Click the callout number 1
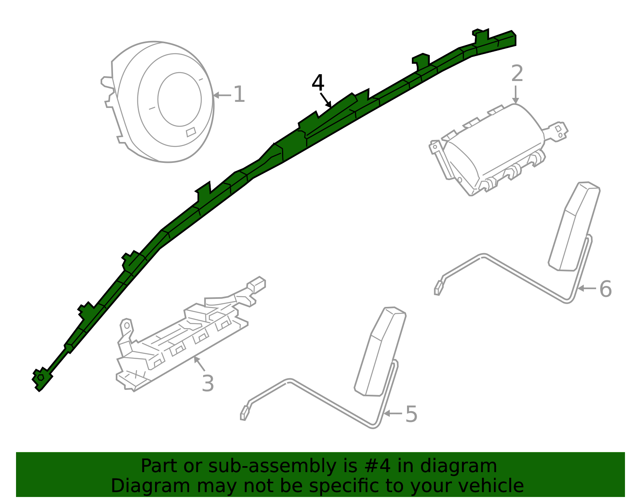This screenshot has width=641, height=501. pyautogui.click(x=239, y=95)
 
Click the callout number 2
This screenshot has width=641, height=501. pyautogui.click(x=517, y=74)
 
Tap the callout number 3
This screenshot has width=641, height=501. pyautogui.click(x=208, y=383)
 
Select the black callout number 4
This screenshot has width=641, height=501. pyautogui.click(x=318, y=83)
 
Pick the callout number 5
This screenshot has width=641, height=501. pyautogui.click(x=411, y=414)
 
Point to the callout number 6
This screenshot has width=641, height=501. pyautogui.click(x=605, y=289)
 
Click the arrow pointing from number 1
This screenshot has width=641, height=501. pyautogui.click(x=222, y=95)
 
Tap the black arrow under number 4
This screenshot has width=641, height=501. pyautogui.click(x=326, y=100)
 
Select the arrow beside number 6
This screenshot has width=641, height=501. pyautogui.click(x=587, y=288)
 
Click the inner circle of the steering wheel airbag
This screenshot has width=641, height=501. pyautogui.click(x=179, y=99)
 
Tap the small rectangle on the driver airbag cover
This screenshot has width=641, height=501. pyautogui.click(x=191, y=132)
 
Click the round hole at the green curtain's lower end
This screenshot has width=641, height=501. pyautogui.click(x=41, y=377)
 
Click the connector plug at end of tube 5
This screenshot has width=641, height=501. pyautogui.click(x=243, y=413)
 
